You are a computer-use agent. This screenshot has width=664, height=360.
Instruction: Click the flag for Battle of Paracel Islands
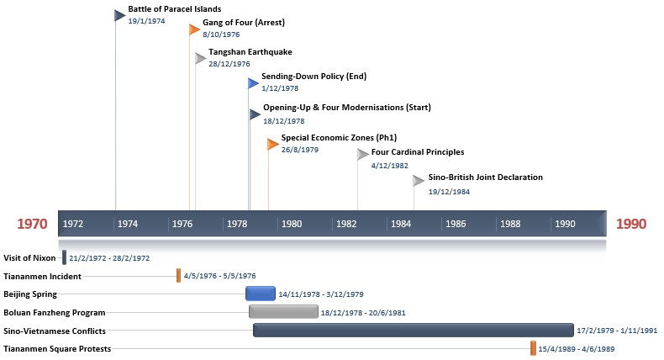coord(119,15)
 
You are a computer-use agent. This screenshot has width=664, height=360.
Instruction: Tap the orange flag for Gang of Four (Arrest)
coord(194,29)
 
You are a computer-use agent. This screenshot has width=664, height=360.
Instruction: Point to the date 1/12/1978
coord(280,88)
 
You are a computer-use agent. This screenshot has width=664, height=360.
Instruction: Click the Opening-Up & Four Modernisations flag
coord(255,114)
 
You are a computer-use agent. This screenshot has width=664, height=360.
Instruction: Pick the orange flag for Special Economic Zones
coord(272,144)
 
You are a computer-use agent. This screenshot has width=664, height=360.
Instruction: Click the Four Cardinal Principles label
coord(417,152)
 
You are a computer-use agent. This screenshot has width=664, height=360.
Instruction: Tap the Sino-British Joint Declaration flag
coord(419,180)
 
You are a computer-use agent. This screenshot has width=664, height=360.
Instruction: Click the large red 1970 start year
coord(33,225)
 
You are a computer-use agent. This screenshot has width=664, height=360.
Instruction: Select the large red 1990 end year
coord(632,225)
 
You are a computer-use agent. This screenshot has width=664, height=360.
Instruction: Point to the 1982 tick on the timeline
coord(346,224)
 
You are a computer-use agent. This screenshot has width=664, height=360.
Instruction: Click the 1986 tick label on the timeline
coord(456,224)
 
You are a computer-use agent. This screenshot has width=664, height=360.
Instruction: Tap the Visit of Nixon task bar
coord(64,257)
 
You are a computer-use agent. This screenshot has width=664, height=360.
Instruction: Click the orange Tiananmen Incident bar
coord(178,275)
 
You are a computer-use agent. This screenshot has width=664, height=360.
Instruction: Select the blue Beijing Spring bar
coord(261,294)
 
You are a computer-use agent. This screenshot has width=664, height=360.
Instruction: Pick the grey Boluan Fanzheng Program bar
coord(283,312)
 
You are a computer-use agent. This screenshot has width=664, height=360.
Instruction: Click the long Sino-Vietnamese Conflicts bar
coord(413,331)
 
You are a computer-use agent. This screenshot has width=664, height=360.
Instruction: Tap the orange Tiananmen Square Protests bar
coord(533,348)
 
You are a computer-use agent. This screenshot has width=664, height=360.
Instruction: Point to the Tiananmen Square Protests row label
coord(57,348)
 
